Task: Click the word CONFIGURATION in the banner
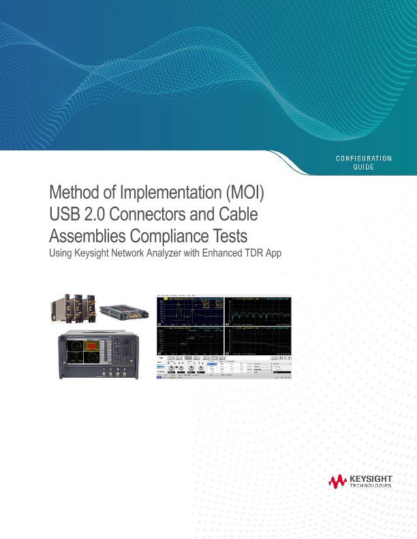(364, 159)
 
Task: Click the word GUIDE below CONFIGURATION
(364, 167)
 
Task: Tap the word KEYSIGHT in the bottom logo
(370, 478)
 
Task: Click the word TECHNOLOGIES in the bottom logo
(370, 487)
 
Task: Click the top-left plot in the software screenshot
(191, 310)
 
